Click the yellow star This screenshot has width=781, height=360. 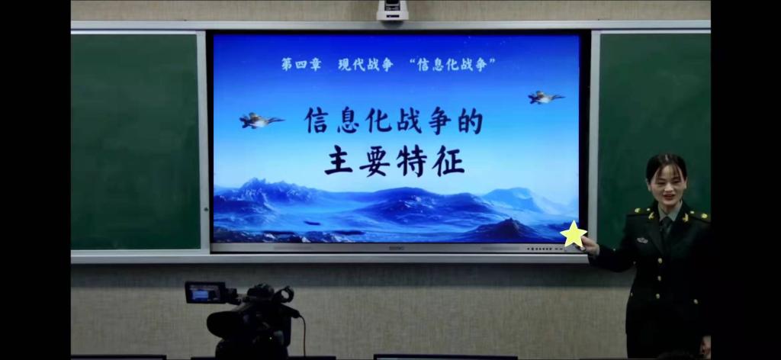(573, 235)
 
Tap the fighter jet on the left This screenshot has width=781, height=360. (260, 120)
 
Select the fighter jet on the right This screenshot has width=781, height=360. (545, 97)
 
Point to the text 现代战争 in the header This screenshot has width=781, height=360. (365, 65)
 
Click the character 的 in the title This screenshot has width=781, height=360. (469, 121)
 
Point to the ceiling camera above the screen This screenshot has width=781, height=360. (392, 10)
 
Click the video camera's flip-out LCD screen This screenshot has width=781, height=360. (201, 292)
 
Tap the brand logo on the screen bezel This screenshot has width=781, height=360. (395, 248)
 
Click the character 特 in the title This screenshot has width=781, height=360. (412, 161)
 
